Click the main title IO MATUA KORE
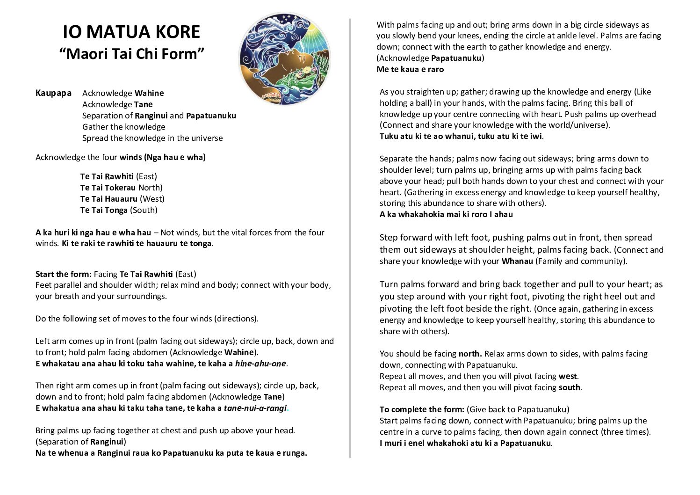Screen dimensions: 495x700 click(x=131, y=32)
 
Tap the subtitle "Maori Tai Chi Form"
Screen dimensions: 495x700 click(x=132, y=54)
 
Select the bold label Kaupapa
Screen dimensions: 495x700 click(x=53, y=93)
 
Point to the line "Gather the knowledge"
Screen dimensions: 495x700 click(x=123, y=127)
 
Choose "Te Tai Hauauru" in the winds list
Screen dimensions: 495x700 click(x=109, y=199)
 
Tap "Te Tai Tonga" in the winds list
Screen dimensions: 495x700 click(x=104, y=210)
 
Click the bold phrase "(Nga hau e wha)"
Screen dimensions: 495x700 click(x=175, y=157)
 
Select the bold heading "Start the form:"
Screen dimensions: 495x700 click(x=64, y=274)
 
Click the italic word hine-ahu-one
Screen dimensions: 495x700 click(x=260, y=364)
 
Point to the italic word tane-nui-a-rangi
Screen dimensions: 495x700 click(x=255, y=408)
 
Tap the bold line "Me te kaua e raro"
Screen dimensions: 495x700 click(x=410, y=69)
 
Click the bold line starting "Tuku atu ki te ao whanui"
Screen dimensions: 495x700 click(x=461, y=137)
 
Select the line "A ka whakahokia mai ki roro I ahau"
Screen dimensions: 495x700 click(x=446, y=214)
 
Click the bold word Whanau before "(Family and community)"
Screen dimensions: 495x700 click(x=517, y=261)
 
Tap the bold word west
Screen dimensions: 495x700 click(x=568, y=376)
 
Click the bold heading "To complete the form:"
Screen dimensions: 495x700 click(x=422, y=409)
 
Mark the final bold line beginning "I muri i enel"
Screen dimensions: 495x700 click(x=465, y=443)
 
